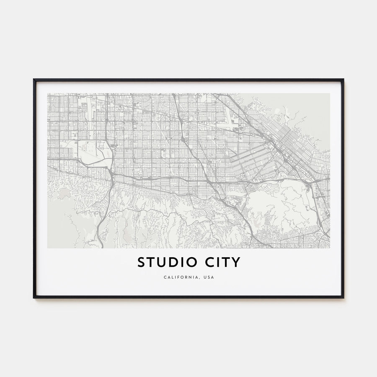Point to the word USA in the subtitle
pos(209,277)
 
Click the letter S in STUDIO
pos(141,262)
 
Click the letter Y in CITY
pos(237,262)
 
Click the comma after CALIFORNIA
pos(201,279)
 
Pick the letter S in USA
pos(209,277)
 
